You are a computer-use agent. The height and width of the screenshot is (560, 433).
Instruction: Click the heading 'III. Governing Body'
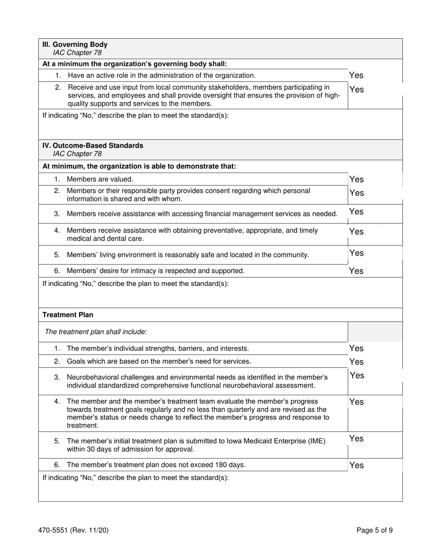click(x=75, y=45)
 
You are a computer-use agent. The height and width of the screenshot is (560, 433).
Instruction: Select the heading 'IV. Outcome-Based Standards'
click(x=93, y=146)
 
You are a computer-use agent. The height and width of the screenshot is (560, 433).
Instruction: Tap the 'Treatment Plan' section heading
click(x=67, y=315)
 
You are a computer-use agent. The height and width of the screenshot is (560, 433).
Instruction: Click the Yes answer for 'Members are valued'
click(x=356, y=180)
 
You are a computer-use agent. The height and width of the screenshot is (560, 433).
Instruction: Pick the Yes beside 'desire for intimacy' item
click(x=356, y=271)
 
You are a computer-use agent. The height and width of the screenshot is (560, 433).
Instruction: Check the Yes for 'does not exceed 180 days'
click(x=356, y=465)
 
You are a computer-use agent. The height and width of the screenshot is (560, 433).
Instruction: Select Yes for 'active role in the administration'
click(x=356, y=76)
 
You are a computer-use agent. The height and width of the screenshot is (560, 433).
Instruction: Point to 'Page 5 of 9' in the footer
click(x=374, y=530)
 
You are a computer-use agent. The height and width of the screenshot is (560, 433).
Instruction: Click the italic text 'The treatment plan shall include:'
click(x=96, y=332)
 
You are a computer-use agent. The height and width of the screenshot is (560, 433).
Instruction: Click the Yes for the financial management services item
click(x=356, y=212)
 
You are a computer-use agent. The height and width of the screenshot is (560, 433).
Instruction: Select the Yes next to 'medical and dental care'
click(x=356, y=232)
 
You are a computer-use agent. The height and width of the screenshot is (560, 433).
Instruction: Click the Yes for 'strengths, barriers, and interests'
click(x=356, y=349)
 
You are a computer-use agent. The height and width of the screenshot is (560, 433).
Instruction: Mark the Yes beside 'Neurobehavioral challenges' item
click(x=356, y=376)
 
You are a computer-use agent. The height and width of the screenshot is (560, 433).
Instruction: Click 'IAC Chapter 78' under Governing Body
click(x=77, y=53)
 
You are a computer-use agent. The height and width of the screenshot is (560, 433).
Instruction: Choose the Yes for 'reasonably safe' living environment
click(x=356, y=253)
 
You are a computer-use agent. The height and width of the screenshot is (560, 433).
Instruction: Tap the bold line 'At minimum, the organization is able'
click(x=139, y=167)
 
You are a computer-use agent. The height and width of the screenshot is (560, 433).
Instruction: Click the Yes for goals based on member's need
click(x=356, y=362)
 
